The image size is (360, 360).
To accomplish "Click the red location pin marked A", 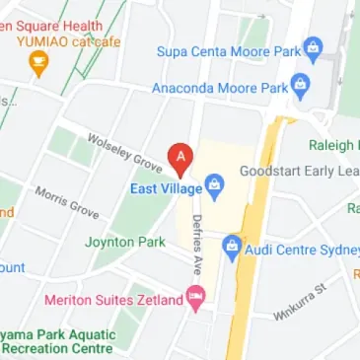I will (x=180, y=157).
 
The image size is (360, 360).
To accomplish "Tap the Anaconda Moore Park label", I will (x=220, y=88).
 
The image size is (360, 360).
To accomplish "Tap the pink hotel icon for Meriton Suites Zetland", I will (x=195, y=296).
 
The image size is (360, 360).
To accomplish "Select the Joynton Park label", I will (x=124, y=241).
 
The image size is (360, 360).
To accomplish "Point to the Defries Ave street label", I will (x=197, y=244).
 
